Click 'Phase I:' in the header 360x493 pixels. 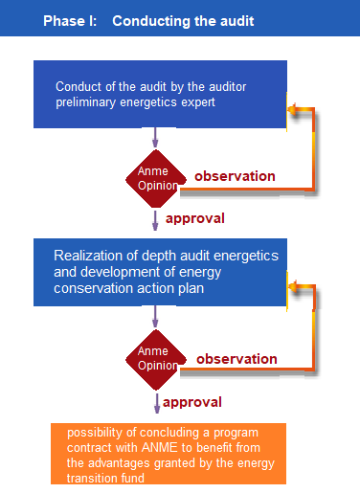(70, 21)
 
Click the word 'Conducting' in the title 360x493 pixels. (151, 21)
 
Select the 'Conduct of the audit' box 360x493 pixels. (160, 94)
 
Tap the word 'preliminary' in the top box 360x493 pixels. (85, 102)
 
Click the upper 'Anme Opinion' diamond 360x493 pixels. (156, 179)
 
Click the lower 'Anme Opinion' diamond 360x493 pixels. (156, 360)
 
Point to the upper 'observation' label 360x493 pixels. (235, 176)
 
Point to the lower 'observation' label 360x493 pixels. (236, 359)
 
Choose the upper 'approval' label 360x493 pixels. (195, 218)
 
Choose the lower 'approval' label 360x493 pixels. (192, 402)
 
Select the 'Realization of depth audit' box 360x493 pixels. (160, 272)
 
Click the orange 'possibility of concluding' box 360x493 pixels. (169, 454)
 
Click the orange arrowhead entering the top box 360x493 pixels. (292, 109)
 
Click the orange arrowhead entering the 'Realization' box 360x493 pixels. (293, 286)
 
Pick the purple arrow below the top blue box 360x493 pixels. (155, 138)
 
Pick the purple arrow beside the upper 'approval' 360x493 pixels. (155, 220)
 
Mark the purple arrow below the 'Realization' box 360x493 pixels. (155, 317)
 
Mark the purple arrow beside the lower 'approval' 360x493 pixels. (157, 403)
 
